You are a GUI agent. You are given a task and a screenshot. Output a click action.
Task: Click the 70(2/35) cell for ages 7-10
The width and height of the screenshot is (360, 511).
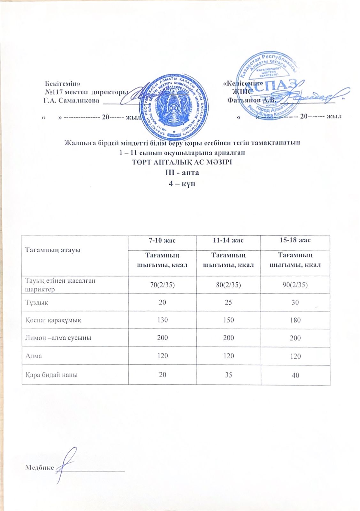(x=162, y=285)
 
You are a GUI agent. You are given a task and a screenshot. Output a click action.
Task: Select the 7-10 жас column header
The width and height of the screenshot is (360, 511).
(x=162, y=240)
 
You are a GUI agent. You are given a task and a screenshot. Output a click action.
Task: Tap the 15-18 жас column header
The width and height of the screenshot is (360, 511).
(x=295, y=240)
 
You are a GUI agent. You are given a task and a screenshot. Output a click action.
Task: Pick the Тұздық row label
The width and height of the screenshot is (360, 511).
(x=37, y=302)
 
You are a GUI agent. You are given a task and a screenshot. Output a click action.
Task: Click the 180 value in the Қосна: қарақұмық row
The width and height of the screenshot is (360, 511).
(x=295, y=320)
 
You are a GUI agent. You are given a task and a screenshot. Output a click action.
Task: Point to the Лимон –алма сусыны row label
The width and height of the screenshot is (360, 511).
(x=58, y=338)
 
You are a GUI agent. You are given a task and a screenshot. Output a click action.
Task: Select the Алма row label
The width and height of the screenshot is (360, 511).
(x=34, y=356)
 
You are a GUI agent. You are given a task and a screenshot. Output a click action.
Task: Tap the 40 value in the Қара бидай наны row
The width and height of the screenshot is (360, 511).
(x=295, y=375)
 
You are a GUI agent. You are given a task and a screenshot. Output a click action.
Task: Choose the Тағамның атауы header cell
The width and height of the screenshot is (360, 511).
(x=52, y=250)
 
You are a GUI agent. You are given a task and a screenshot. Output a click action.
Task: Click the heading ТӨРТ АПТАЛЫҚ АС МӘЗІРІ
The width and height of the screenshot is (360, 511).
(x=182, y=162)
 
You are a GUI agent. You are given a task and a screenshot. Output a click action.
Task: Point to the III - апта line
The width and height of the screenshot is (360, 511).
(x=182, y=172)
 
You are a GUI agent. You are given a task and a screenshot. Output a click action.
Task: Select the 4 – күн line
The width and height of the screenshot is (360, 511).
(x=182, y=184)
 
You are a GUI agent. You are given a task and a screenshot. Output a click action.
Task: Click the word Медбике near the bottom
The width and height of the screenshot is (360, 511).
(x=39, y=467)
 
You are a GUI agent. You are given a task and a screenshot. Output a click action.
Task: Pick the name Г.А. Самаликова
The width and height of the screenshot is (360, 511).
(x=71, y=100)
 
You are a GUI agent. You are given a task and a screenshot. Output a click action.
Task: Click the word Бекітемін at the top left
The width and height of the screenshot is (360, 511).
(x=60, y=84)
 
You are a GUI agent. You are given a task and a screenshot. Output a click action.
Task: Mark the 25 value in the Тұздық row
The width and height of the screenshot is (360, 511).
(x=228, y=302)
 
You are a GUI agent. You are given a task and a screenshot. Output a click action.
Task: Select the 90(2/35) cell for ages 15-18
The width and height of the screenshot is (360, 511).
(x=295, y=285)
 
